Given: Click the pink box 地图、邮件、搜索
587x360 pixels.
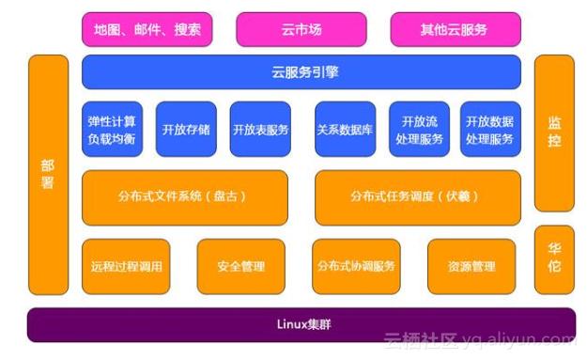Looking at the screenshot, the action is (147, 29).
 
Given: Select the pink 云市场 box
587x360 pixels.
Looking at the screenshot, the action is (301, 29).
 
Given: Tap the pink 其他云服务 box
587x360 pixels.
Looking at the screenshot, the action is (455, 29).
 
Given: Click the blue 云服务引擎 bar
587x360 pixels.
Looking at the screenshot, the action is (301, 72).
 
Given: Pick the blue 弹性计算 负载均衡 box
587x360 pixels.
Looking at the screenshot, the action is (112, 130).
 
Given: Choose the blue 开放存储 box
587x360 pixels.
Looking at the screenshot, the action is (186, 130).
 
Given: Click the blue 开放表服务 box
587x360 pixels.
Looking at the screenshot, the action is (260, 130).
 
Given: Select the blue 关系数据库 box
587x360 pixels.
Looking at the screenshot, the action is (345, 130).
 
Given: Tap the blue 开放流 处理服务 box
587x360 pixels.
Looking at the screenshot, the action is (419, 130).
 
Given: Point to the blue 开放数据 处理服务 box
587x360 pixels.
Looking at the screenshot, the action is (489, 130).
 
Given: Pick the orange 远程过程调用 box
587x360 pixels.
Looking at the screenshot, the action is (127, 267).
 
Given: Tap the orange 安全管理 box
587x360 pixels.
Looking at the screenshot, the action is (240, 267).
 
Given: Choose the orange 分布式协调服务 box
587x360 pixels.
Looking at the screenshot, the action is (356, 267).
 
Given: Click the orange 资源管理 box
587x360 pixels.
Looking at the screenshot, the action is (471, 267).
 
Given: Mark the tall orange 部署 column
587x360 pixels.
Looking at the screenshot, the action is (48, 174).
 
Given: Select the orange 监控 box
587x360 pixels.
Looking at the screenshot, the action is (554, 133).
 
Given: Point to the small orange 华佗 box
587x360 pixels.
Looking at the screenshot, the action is (554, 259).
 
